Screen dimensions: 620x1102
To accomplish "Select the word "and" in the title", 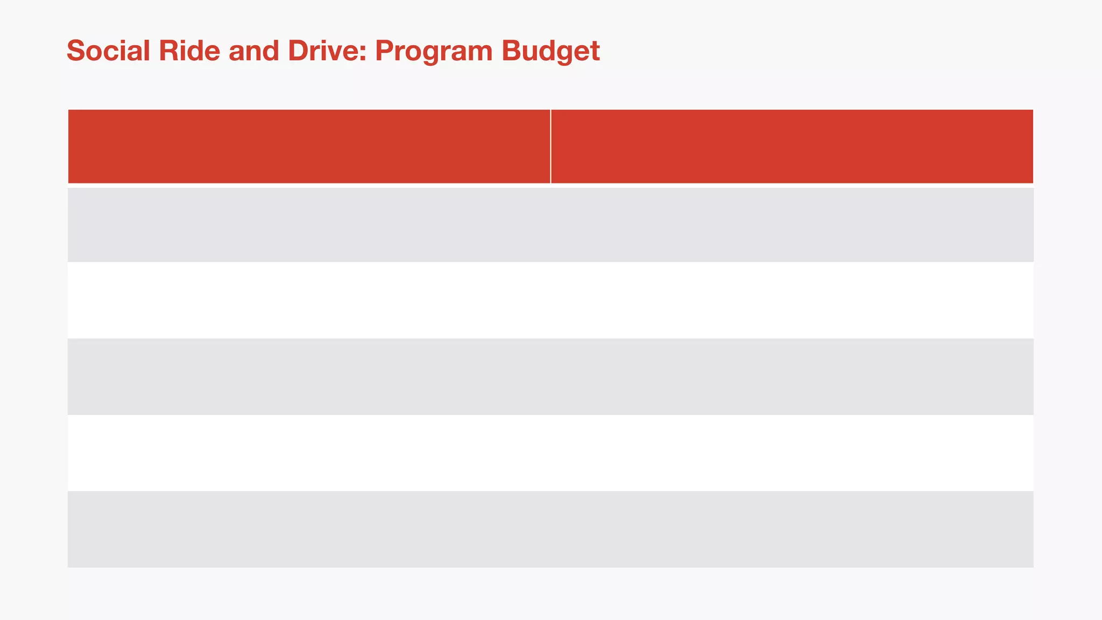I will pos(253,51).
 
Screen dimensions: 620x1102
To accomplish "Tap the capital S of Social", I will pos(76,51).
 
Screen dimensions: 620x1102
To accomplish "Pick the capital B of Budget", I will pos(511,51).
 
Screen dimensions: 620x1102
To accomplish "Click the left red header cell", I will pos(309,146).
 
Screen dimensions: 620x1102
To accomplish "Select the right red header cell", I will pos(792,146).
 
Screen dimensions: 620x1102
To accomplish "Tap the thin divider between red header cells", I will pos(550,146).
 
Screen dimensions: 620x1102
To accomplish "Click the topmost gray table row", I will pos(550,224).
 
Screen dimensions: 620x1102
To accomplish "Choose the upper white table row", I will pos(550,300).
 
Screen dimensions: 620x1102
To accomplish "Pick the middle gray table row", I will pos(550,377).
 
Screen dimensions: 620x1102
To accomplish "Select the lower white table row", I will pos(550,453).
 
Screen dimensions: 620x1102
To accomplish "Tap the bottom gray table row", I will pos(550,529).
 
